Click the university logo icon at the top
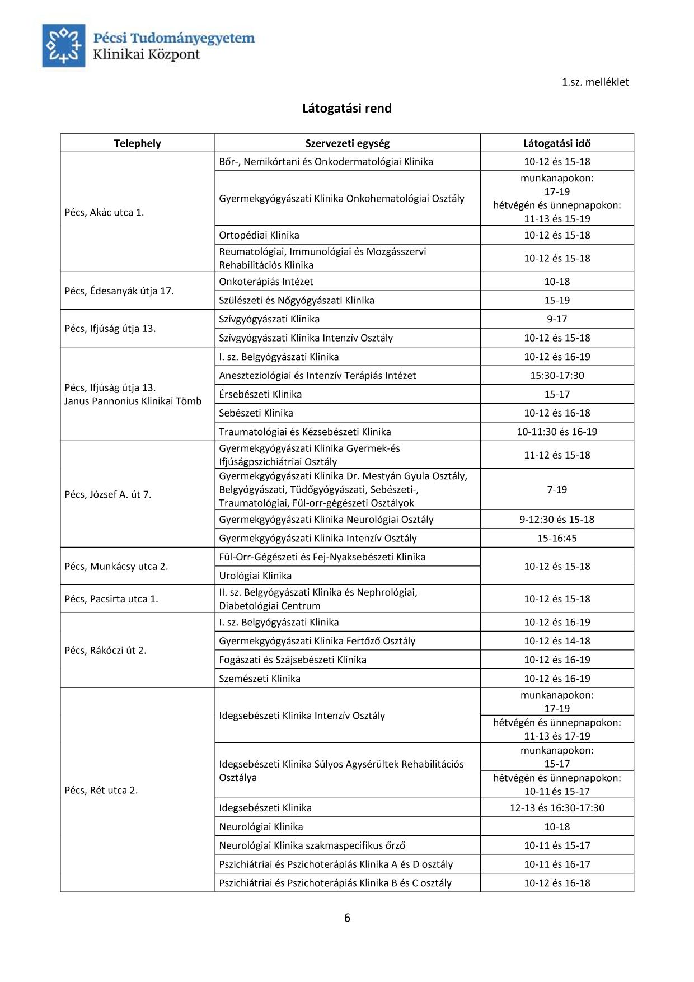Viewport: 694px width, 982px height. click(x=64, y=45)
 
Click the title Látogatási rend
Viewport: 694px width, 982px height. click(x=347, y=108)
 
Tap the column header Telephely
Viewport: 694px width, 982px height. click(x=137, y=143)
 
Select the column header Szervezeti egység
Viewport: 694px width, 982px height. click(x=347, y=143)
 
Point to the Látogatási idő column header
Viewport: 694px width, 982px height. click(x=557, y=143)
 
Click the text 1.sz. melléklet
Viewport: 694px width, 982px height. click(x=595, y=82)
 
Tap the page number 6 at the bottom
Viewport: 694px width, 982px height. click(x=347, y=918)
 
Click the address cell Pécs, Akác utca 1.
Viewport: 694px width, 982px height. click(x=105, y=212)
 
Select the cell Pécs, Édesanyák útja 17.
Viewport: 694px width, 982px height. click(x=119, y=291)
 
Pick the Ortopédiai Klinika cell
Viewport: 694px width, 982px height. click(x=259, y=235)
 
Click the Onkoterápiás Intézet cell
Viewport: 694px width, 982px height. click(x=266, y=282)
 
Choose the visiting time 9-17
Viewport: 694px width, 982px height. click(x=557, y=319)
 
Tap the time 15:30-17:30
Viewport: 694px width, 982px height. click(x=557, y=376)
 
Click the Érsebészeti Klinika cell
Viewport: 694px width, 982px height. click(x=260, y=394)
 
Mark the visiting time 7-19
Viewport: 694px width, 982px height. click(x=557, y=489)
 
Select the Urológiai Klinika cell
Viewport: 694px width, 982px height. click(x=255, y=576)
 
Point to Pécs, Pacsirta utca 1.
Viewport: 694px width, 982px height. click(x=111, y=599)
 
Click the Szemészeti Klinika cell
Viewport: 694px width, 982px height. click(x=260, y=679)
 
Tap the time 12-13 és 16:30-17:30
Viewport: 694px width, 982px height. click(x=557, y=808)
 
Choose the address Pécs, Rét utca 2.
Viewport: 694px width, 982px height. click(x=101, y=790)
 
